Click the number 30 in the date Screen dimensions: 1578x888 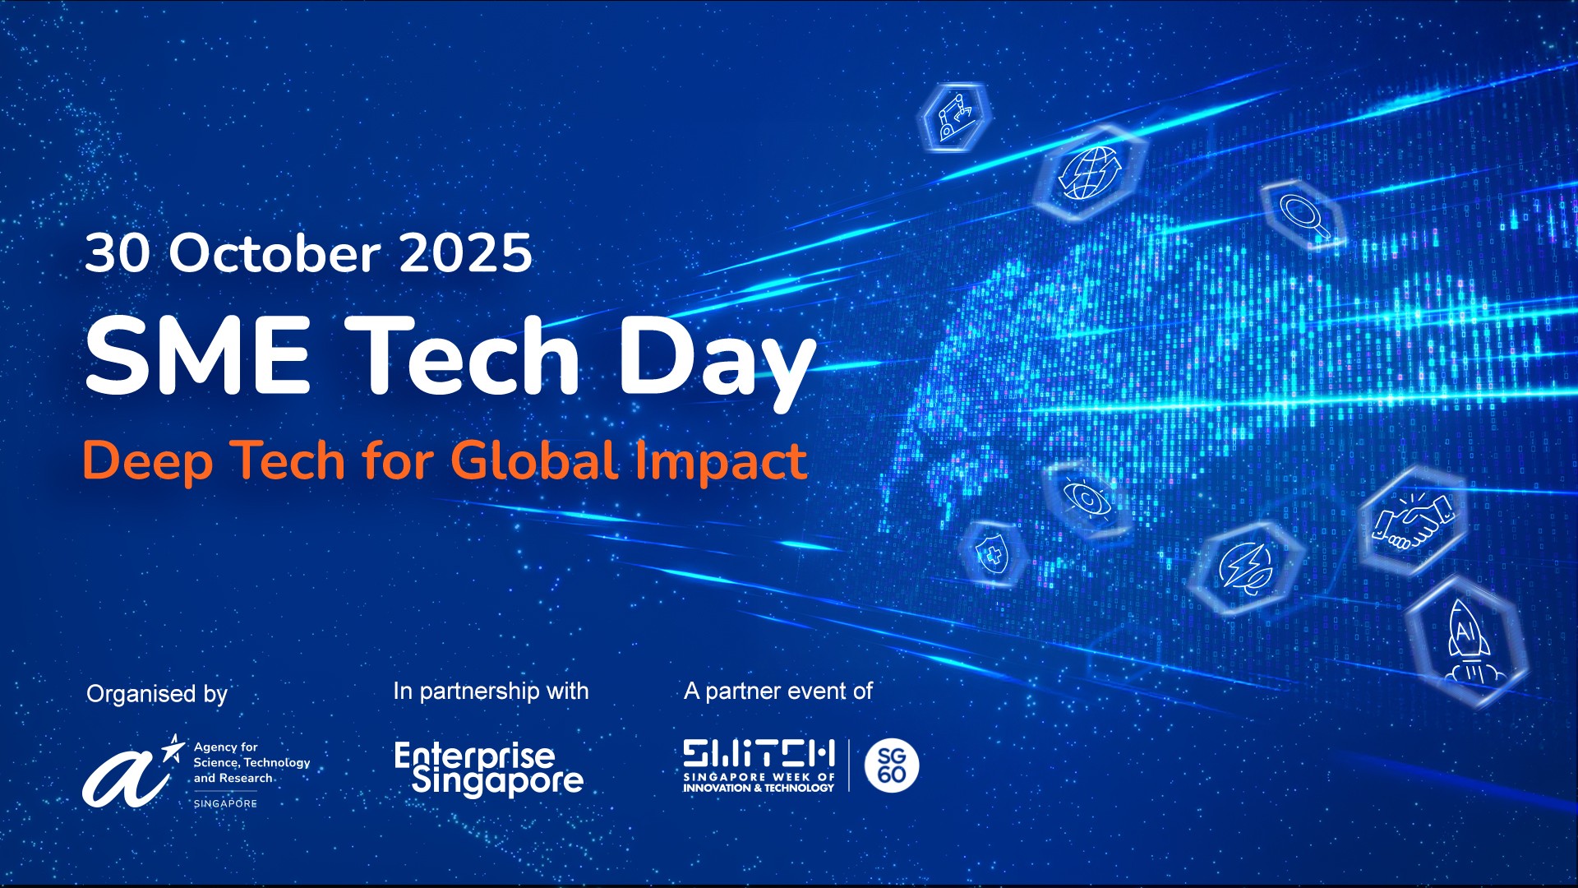(x=118, y=253)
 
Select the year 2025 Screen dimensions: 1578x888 (x=466, y=253)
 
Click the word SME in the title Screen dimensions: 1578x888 (x=198, y=355)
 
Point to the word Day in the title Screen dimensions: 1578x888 (x=717, y=362)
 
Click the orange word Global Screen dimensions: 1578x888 (x=534, y=460)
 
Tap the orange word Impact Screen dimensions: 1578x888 (x=721, y=463)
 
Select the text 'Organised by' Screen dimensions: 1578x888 (x=157, y=694)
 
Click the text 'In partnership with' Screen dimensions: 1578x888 (x=491, y=691)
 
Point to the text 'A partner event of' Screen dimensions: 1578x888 (x=777, y=691)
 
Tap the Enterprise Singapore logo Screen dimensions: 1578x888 (x=489, y=770)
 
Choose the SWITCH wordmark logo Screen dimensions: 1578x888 (x=759, y=765)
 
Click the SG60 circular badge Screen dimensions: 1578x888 (x=892, y=765)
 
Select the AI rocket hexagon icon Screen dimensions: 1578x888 (x=1466, y=642)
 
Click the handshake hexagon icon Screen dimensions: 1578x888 (x=1413, y=520)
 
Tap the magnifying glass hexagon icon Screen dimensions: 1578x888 (x=1304, y=214)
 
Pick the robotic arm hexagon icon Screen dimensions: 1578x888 (x=953, y=117)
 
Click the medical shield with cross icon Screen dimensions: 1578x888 (x=993, y=554)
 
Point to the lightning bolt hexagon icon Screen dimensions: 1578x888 (x=1247, y=567)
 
